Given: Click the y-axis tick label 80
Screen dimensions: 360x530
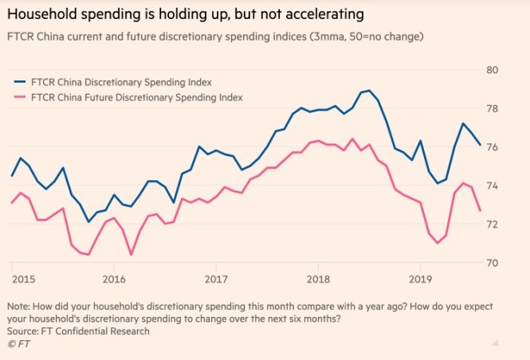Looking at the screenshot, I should point(492,69).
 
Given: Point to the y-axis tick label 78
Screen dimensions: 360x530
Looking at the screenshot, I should point(492,108).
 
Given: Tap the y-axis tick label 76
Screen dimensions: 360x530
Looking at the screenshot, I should point(492,147).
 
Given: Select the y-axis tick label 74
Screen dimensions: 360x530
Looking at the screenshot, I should point(492,186).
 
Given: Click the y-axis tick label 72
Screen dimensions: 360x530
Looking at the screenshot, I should point(492,225).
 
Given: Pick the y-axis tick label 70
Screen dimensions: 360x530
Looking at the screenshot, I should point(492,263).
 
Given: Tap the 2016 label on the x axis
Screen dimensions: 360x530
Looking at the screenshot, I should point(115,280).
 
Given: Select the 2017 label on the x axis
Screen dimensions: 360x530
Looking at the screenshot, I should point(216,280).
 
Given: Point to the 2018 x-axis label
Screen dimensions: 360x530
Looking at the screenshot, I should point(318,280).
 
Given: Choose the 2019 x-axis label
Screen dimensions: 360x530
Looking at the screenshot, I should point(419,280).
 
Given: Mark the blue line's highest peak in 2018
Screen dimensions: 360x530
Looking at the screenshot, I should point(368,91).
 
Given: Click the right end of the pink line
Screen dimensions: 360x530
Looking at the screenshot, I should point(480,210).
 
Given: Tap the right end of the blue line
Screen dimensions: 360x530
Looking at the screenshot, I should point(480,145).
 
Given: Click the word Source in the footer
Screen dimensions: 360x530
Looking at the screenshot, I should point(23,331).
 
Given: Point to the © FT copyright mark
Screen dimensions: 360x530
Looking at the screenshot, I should point(15,344).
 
